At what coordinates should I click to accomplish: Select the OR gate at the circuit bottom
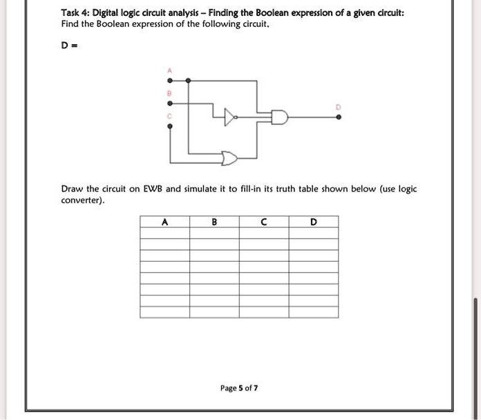click(x=229, y=160)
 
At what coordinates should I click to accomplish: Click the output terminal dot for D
click(x=338, y=117)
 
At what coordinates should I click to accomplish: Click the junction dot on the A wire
click(x=188, y=81)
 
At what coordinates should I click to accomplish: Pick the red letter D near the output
click(x=338, y=107)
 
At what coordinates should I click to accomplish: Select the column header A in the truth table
click(x=164, y=222)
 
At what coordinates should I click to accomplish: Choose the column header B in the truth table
click(x=214, y=222)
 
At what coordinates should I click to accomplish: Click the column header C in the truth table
click(x=264, y=222)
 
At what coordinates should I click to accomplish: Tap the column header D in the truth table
click(x=314, y=222)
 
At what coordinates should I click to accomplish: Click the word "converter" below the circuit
click(x=82, y=200)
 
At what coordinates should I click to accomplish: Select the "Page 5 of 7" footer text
click(x=239, y=388)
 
